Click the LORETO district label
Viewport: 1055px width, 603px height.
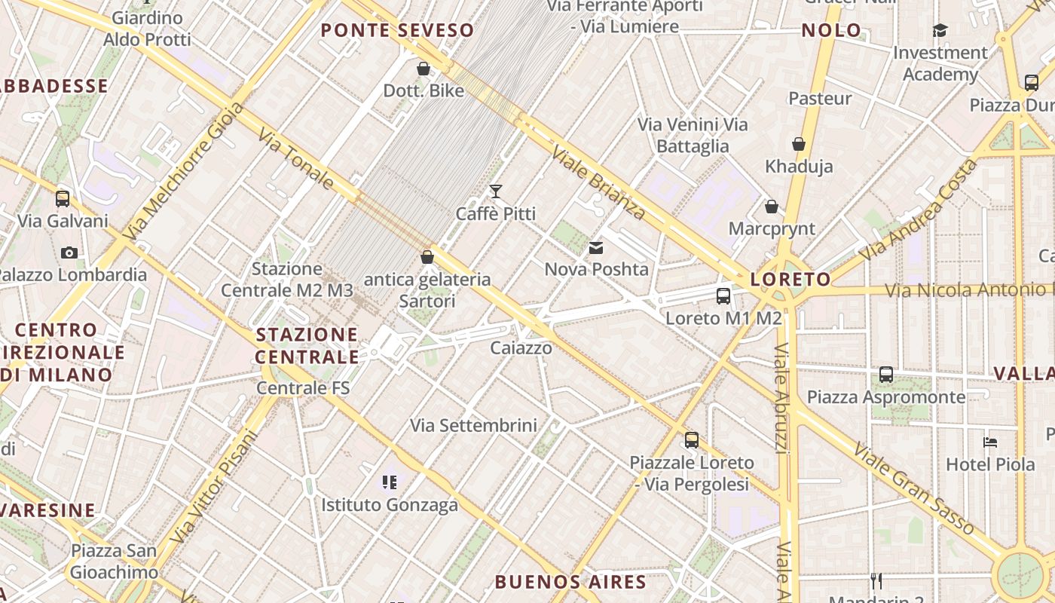[790, 280]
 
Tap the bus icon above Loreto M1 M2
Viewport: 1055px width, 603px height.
[723, 295]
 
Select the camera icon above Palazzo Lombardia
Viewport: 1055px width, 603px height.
[69, 253]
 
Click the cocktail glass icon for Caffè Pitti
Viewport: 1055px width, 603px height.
[496, 191]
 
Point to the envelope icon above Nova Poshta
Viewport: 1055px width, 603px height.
[596, 247]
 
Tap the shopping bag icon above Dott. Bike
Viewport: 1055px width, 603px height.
[424, 69]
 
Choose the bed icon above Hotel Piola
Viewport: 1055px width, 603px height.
[990, 442]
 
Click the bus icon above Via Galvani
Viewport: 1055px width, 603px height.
[63, 199]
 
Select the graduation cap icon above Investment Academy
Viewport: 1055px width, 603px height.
[940, 30]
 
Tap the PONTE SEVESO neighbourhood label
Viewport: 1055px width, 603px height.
[397, 31]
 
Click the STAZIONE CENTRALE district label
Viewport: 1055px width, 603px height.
[307, 345]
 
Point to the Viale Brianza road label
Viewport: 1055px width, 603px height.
[598, 182]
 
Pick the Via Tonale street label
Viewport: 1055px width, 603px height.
[296, 158]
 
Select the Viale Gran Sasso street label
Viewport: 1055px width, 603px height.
[913, 488]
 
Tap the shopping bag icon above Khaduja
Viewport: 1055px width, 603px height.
[799, 144]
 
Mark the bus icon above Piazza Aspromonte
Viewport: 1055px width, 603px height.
[886, 374]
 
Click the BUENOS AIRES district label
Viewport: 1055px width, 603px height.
[570, 582]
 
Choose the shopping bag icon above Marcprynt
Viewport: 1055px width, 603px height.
[772, 207]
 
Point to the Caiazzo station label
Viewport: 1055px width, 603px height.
[521, 348]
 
